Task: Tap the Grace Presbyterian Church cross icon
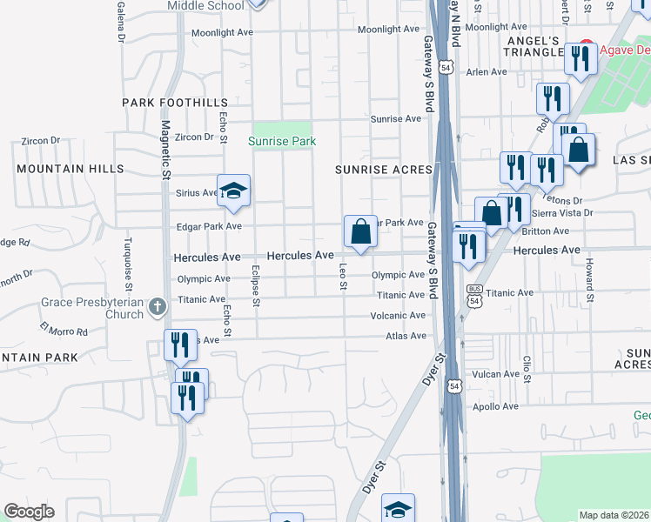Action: point(157,306)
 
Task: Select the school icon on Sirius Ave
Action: point(233,190)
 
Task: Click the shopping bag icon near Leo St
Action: point(360,232)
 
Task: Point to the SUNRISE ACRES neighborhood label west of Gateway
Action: point(385,170)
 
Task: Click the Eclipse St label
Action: point(256,286)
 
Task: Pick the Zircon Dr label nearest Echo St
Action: point(194,137)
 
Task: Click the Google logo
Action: point(29,512)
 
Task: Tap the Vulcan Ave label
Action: point(495,374)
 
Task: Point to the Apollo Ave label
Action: point(495,406)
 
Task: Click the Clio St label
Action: point(527,368)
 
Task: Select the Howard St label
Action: point(589,279)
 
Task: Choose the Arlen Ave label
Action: point(487,72)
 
